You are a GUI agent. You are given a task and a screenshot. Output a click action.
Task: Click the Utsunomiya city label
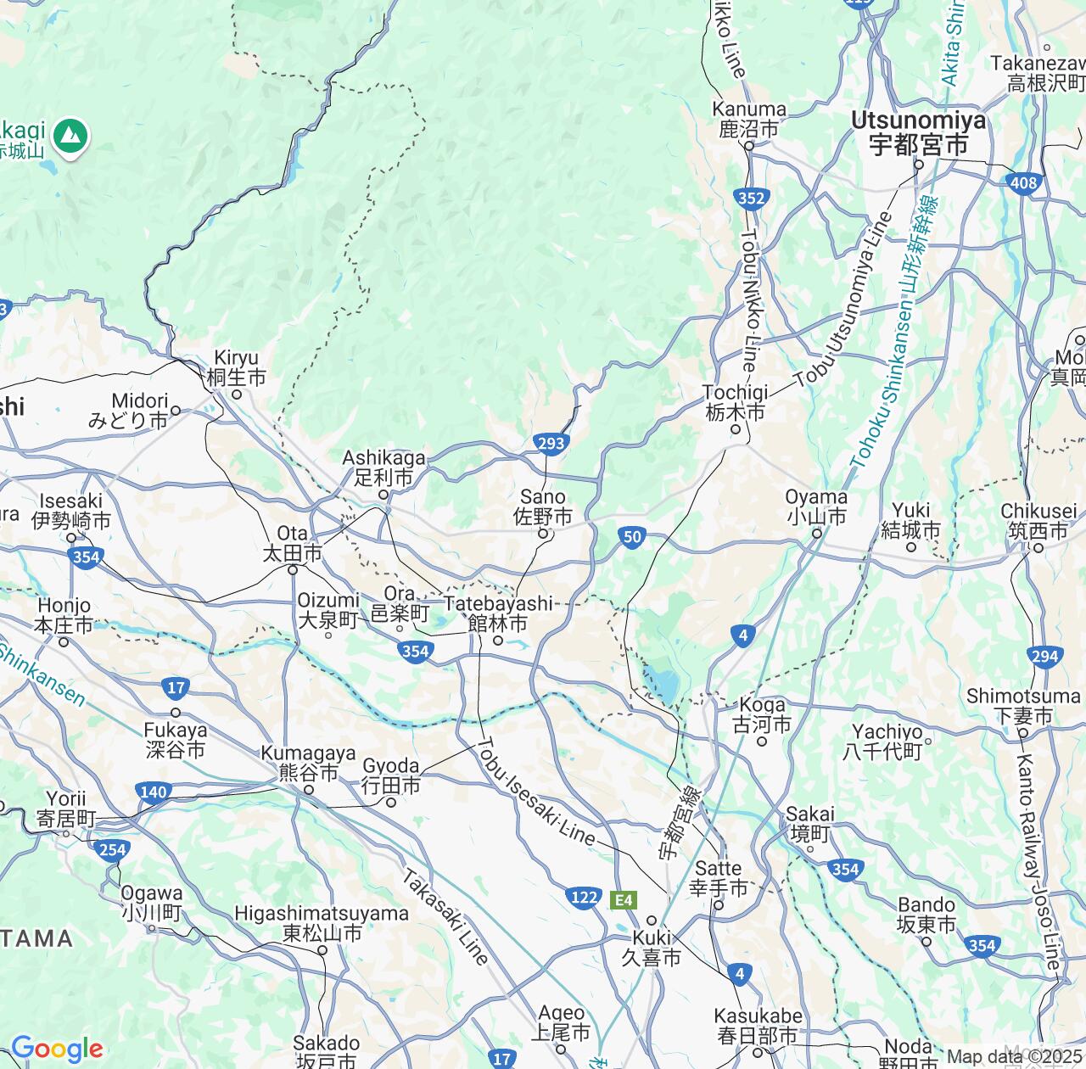pos(920,133)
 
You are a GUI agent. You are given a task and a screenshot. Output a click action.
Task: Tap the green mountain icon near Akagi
pos(71,134)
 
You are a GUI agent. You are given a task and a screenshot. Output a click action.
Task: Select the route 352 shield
pos(752,199)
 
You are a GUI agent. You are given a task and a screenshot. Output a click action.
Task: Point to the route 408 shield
pos(1024,182)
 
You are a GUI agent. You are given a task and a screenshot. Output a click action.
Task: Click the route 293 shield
pos(551,442)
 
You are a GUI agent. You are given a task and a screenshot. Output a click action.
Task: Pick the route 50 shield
pos(632,537)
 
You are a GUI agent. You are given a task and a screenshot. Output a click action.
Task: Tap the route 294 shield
pos(1045,656)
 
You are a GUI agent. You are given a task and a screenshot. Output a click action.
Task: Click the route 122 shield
pos(584,898)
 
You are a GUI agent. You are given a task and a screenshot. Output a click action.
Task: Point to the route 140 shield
pos(153,792)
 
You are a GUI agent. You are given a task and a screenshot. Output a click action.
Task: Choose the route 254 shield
pos(113,849)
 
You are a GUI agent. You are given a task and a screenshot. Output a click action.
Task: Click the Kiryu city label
pos(236,367)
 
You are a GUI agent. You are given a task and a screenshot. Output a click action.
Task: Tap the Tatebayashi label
pos(498,613)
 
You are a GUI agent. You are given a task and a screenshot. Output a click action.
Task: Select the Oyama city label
pos(816,507)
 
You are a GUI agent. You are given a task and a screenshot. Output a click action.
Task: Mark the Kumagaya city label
pos(309,763)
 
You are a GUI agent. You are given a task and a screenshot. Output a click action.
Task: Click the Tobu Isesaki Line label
pos(536,791)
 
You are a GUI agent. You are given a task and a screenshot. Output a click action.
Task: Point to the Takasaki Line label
pos(446,916)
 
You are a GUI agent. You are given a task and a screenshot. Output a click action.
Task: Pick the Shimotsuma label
pos(1022,706)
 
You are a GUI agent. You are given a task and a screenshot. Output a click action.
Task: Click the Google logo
pos(57,1049)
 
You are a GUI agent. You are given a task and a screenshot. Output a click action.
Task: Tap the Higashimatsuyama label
pos(322,923)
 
